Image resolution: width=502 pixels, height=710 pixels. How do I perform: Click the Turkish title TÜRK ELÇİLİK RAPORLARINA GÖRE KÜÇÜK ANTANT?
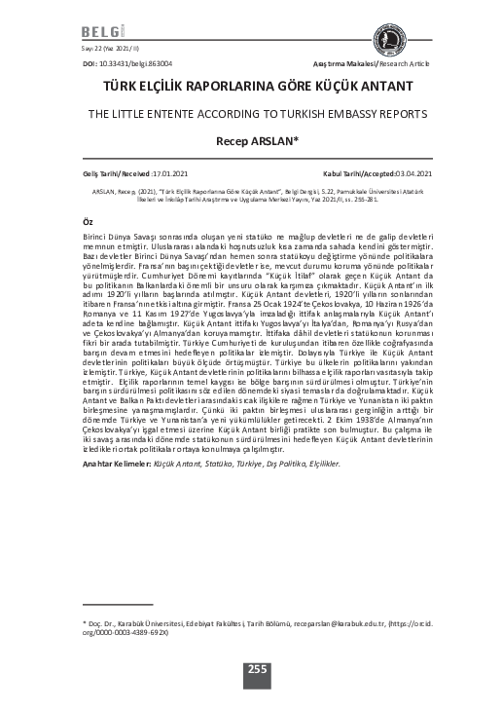(x=251, y=87)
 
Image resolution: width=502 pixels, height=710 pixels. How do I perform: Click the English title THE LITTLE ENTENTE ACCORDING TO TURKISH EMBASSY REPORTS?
(x=251, y=113)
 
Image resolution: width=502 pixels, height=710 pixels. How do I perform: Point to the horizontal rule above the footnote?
(x=126, y=604)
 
